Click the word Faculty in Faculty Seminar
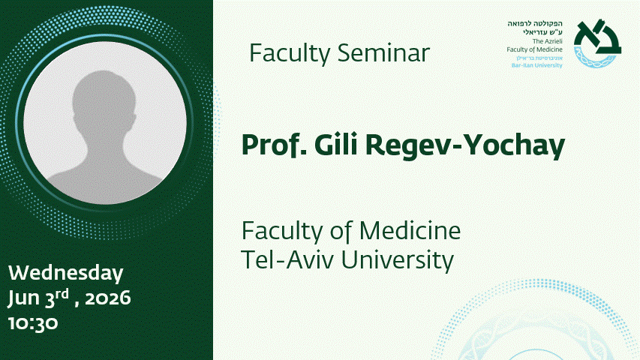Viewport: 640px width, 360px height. (290, 54)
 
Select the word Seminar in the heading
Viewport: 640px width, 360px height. (383, 53)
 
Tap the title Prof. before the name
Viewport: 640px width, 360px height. (274, 145)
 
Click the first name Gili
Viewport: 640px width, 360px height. (336, 145)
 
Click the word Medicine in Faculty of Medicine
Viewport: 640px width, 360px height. (410, 230)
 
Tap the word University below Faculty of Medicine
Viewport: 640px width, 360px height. (398, 261)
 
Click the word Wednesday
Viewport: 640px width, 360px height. (66, 273)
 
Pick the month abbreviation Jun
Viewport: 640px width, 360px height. (24, 298)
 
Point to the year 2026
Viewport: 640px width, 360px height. (108, 298)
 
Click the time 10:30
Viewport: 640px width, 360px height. (33, 323)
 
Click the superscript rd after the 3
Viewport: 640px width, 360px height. (62, 294)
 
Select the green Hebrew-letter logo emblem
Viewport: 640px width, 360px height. (597, 43)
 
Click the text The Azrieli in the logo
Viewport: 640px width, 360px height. (548, 41)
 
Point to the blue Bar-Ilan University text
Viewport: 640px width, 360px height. (536, 65)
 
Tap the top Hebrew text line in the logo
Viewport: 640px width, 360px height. (535, 24)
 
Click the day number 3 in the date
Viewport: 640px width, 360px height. (50, 299)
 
